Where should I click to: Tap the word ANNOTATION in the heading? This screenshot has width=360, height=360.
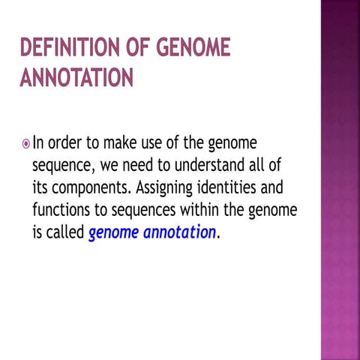(x=76, y=78)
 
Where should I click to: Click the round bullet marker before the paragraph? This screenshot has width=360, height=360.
(x=24, y=142)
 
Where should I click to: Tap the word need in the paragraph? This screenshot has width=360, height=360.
(x=133, y=164)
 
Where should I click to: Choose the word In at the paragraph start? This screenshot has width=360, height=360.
(x=39, y=142)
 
